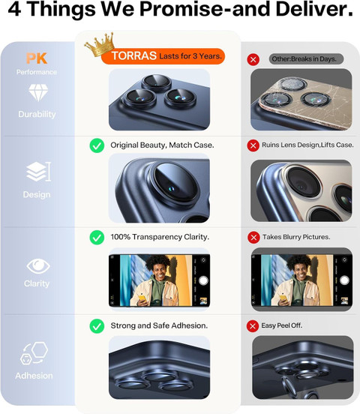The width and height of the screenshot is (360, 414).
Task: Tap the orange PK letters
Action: tap(37, 58)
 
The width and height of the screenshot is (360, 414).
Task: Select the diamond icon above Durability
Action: tap(38, 93)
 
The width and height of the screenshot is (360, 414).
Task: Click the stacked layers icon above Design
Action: tap(38, 172)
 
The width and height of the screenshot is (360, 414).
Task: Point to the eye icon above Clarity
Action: tap(38, 266)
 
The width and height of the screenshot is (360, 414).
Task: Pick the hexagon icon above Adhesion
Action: tap(34, 353)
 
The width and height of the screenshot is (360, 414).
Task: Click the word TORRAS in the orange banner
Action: tap(134, 56)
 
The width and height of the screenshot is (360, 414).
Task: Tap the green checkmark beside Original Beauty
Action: tap(97, 145)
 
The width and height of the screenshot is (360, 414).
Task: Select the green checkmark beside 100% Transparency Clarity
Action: tap(97, 237)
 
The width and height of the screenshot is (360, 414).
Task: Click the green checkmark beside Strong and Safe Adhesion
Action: tap(97, 326)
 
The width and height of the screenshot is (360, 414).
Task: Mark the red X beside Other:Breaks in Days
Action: tap(253, 60)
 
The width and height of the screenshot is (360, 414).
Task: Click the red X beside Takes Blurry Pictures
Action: tap(253, 237)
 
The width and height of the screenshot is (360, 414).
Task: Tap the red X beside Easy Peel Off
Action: tap(253, 326)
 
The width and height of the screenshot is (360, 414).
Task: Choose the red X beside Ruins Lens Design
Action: tap(253, 145)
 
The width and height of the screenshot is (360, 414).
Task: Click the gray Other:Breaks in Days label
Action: tap(307, 59)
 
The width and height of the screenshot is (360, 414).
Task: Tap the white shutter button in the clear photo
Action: tap(203, 280)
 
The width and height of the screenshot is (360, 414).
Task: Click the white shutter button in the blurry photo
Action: tap(344, 280)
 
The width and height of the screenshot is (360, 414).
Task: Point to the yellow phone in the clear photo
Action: tap(142, 298)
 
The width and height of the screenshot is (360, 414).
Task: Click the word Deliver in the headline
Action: tap(314, 9)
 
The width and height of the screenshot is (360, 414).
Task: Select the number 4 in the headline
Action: tap(15, 9)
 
